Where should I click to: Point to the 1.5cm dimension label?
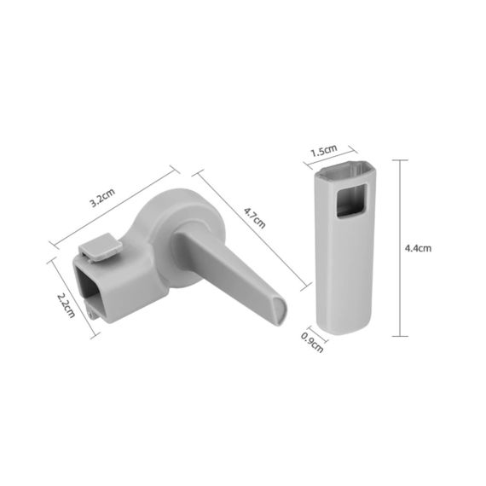(322, 151)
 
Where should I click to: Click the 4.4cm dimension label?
(418, 248)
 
